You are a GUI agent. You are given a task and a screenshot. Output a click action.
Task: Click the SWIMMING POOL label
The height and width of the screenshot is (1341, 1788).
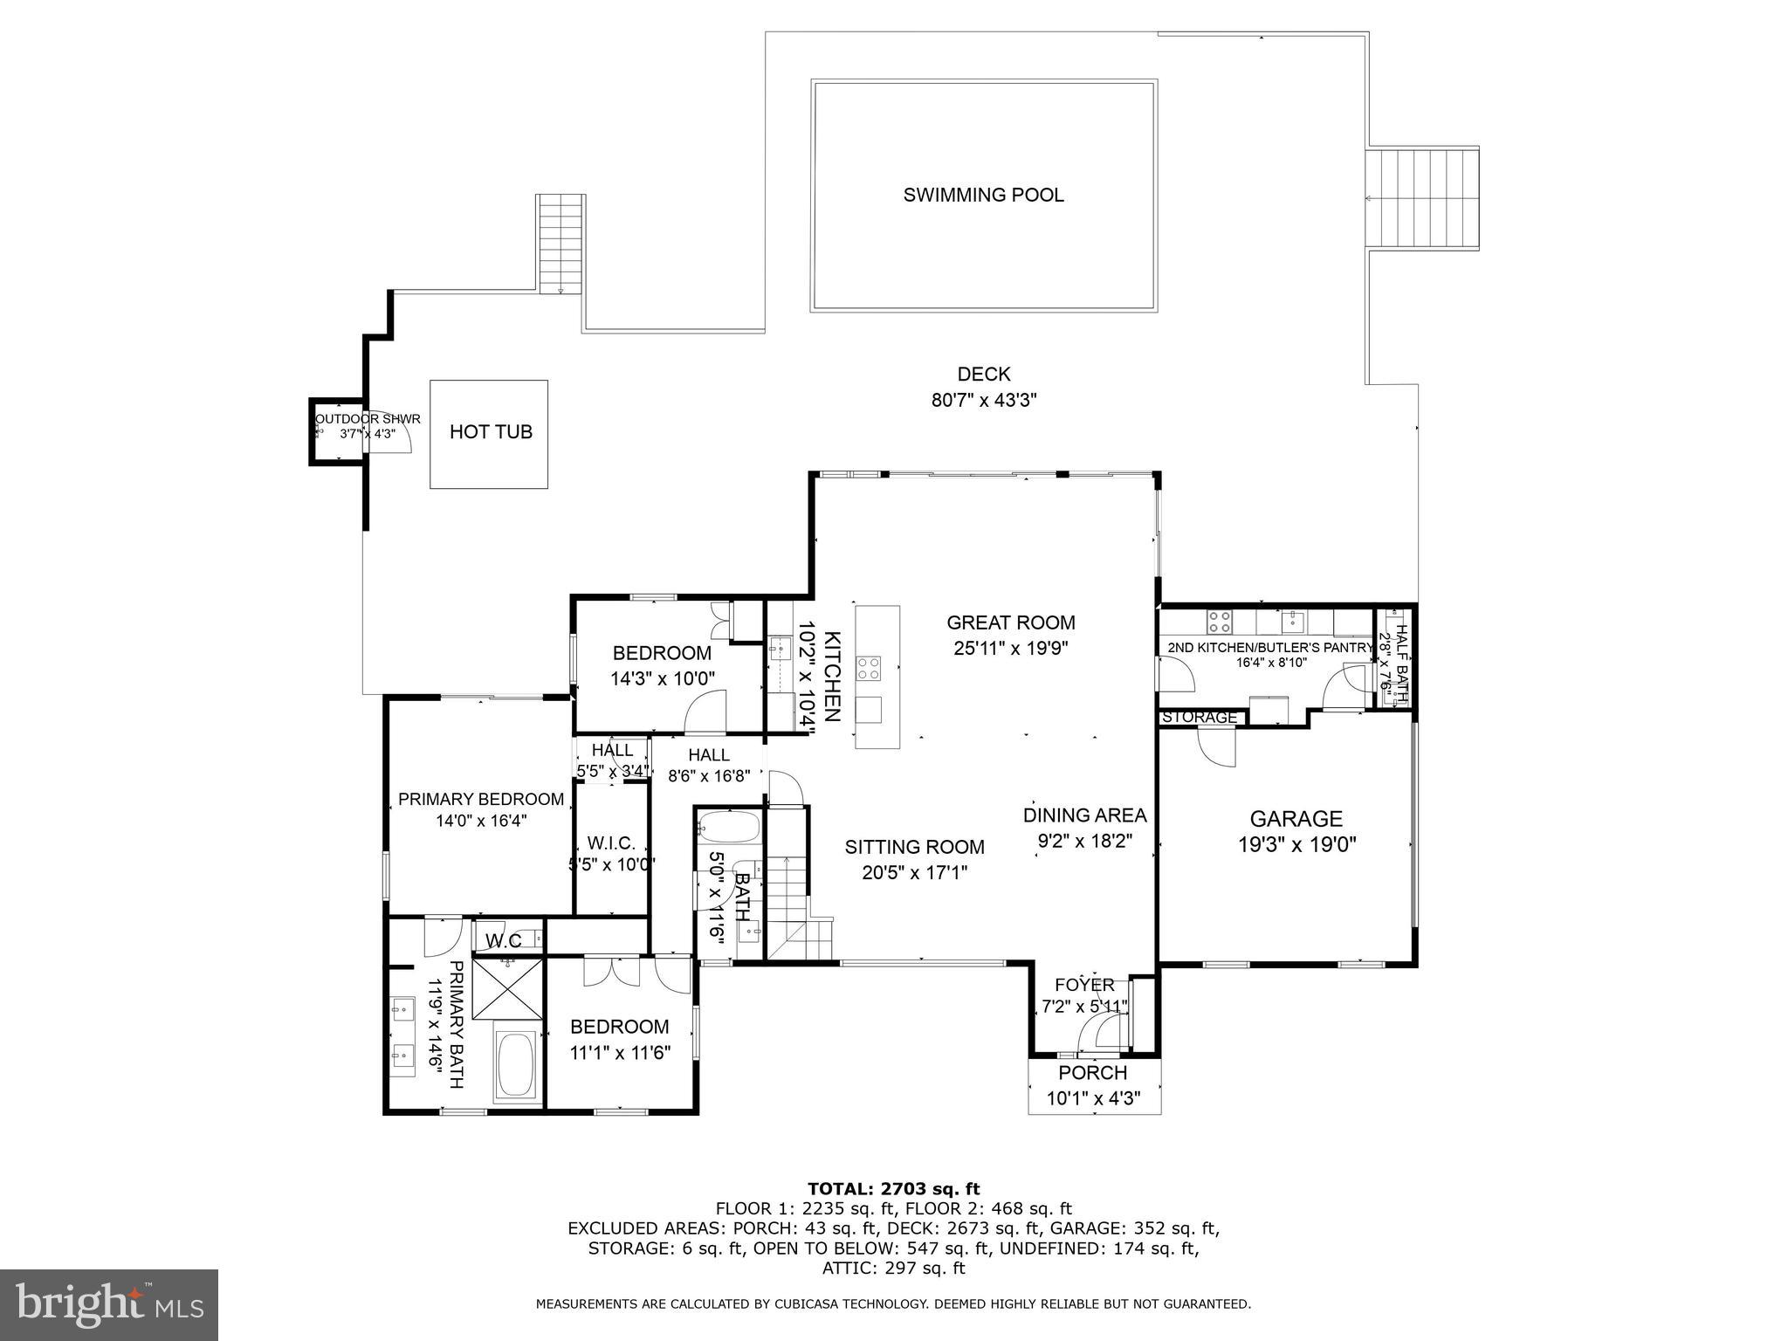click(x=983, y=195)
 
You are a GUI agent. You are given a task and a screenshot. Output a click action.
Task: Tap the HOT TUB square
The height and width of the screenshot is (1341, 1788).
click(x=489, y=433)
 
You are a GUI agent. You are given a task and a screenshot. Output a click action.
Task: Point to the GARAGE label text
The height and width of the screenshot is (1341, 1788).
click(x=1296, y=819)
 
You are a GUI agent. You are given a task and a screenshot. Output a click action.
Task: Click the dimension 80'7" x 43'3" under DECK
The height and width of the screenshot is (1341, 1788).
click(x=984, y=401)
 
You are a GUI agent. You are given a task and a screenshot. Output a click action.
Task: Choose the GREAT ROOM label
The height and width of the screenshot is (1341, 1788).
click(x=1011, y=622)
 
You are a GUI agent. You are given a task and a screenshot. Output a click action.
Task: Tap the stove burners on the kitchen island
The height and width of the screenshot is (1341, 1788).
click(x=869, y=669)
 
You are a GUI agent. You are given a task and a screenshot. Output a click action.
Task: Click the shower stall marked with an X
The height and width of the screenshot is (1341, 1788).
click(x=507, y=988)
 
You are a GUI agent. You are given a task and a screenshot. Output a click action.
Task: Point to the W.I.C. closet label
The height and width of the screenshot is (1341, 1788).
click(x=611, y=843)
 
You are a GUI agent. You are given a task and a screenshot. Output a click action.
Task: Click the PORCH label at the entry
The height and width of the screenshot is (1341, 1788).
click(x=1093, y=1073)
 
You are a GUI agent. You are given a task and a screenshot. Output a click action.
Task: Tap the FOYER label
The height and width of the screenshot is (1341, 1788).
click(x=1084, y=986)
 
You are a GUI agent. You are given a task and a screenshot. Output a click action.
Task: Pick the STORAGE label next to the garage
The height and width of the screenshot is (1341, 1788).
click(x=1200, y=718)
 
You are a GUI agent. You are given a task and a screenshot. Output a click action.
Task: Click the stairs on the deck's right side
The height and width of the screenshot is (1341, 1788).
click(x=1422, y=199)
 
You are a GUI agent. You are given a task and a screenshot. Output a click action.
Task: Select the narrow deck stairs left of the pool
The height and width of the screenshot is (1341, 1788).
click(x=560, y=244)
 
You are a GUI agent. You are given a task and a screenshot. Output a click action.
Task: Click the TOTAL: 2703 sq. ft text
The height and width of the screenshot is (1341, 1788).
click(x=893, y=1189)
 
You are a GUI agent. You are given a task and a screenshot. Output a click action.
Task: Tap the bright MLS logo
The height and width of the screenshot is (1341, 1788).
click(x=109, y=1304)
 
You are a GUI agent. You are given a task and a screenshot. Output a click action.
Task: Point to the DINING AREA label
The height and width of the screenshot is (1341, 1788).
click(x=1084, y=815)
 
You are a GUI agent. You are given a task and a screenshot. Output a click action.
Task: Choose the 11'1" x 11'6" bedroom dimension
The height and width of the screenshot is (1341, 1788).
click(x=619, y=1053)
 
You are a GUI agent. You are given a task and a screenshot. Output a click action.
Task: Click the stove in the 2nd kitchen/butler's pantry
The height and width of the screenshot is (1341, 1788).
click(x=1219, y=622)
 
